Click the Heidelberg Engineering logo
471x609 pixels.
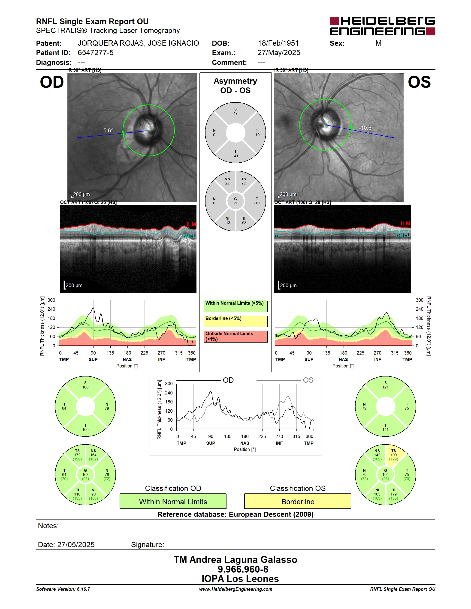pos(382,26)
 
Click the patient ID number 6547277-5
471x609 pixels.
pos(95,53)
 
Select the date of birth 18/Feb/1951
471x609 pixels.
pos(278,43)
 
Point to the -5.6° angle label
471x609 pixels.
pos(107,131)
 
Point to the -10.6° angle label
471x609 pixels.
pos(366,128)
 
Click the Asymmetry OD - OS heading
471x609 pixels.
pos(235,86)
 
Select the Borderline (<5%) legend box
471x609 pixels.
pos(235,321)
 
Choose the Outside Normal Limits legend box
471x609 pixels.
pos(235,337)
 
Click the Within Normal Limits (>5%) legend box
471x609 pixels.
pos(235,306)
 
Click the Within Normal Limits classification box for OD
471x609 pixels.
pos(173,501)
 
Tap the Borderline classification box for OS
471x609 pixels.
pos(298,501)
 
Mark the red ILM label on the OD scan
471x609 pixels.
pos(191,224)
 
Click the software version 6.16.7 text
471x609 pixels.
pos(63,589)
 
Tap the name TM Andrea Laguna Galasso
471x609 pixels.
pos(235,560)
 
